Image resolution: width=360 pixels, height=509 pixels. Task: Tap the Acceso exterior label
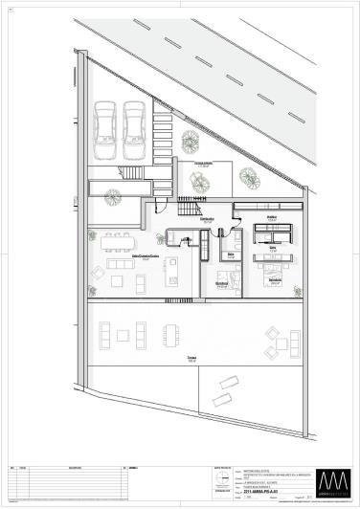tap(203, 164)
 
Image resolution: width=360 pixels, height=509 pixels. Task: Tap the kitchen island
tap(173, 269)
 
